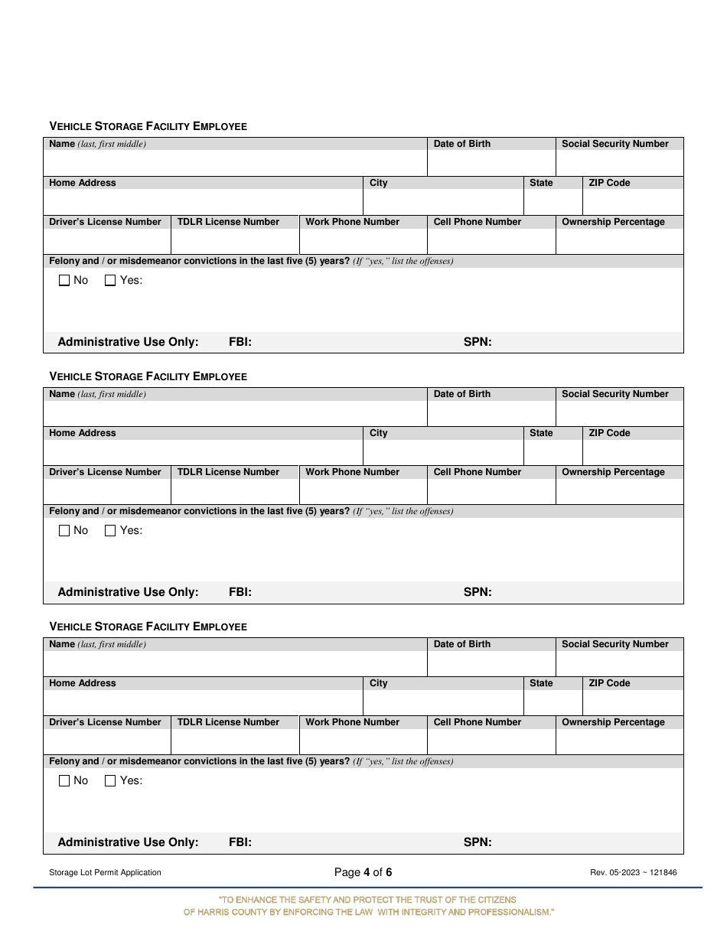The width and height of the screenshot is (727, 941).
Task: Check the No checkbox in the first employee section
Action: click(x=64, y=281)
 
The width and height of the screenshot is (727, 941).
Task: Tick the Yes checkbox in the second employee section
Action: click(x=110, y=531)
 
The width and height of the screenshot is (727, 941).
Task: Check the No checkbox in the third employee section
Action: click(x=64, y=781)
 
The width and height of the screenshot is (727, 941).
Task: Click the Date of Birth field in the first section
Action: click(x=491, y=163)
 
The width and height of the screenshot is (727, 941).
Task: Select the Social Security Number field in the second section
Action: click(x=619, y=413)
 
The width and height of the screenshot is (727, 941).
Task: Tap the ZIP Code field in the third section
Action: click(x=633, y=702)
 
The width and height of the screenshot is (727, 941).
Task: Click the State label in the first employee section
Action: click(x=541, y=183)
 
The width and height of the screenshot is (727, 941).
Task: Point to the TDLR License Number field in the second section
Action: click(x=235, y=491)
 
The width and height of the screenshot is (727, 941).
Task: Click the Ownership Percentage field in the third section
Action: click(x=619, y=741)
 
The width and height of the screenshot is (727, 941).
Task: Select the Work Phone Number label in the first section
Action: click(x=352, y=222)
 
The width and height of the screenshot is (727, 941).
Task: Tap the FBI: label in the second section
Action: click(x=240, y=592)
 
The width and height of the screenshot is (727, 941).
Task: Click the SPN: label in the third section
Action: click(x=478, y=842)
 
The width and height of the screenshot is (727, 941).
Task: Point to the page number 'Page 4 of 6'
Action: click(x=363, y=872)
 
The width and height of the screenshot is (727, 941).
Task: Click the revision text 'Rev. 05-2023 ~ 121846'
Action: click(x=634, y=872)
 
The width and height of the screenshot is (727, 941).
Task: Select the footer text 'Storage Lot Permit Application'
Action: click(x=105, y=872)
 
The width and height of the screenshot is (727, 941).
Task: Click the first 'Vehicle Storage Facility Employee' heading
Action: click(x=148, y=126)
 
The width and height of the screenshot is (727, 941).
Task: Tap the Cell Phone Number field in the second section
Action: click(x=491, y=491)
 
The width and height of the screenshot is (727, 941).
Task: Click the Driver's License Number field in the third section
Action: click(x=106, y=741)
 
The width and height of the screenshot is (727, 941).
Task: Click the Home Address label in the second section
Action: click(x=83, y=433)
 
